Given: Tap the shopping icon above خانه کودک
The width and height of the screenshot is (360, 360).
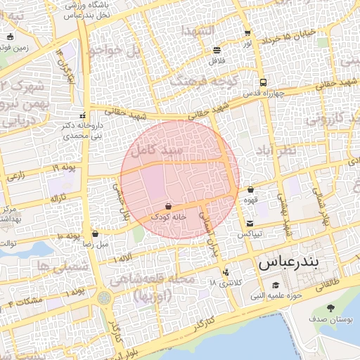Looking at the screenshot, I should click(169, 206).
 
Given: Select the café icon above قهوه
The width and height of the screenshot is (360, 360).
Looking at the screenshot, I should click(250, 189).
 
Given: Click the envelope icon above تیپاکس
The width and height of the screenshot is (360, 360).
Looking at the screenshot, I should click(250, 223).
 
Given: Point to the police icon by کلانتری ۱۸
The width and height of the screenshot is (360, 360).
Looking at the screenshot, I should click(226, 271).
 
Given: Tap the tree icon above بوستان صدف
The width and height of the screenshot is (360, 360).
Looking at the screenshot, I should click(331, 308).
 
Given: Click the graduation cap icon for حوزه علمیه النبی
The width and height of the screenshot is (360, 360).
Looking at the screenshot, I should click(276, 285).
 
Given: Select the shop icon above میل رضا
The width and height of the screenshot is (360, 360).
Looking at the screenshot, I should click(95, 233).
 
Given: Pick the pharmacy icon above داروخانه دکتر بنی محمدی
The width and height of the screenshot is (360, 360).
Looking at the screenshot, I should click(83, 115).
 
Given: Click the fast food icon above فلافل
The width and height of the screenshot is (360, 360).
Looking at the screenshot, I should click(216, 50).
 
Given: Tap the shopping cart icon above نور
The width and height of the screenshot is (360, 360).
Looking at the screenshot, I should click(247, 33).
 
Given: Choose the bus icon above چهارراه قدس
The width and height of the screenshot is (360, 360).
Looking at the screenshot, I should click(262, 82).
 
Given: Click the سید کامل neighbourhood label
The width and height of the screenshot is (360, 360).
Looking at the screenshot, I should click(162, 150).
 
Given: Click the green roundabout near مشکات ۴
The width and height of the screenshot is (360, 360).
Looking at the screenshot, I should click(105, 298).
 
